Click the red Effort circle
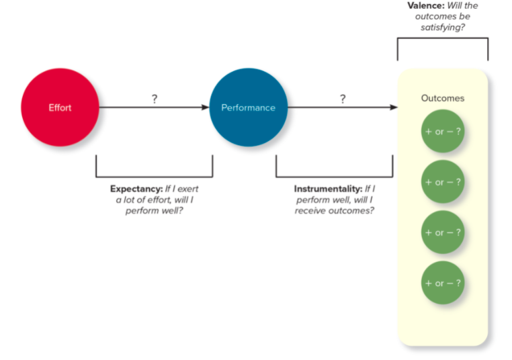[60, 107]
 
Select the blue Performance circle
[248, 107]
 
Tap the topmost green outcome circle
[443, 132]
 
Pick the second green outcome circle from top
[443, 182]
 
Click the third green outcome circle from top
[443, 232]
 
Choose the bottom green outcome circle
[443, 283]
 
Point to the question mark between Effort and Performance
[155, 99]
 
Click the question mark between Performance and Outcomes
[342, 99]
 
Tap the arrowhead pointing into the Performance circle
[204, 107]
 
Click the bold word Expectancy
[136, 189]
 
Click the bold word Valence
[427, 5]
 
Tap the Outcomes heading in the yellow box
[443, 98]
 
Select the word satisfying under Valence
[443, 27]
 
